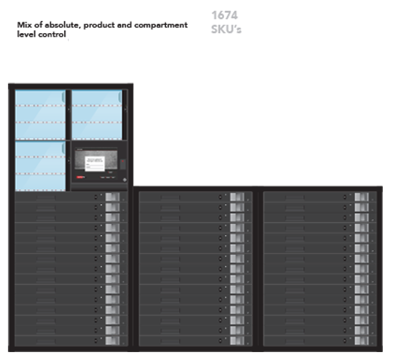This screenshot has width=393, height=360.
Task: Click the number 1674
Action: click(224, 15)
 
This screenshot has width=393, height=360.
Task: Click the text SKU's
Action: click(226, 29)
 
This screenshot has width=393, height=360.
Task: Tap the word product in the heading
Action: click(99, 25)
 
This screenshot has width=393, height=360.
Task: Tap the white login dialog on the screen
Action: click(95, 164)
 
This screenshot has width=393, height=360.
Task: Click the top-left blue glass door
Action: click(40, 114)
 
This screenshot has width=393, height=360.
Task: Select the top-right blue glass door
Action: click(97, 114)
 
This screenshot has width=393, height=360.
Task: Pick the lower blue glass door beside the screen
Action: click(40, 166)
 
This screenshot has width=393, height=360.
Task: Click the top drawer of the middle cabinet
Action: click(195, 197)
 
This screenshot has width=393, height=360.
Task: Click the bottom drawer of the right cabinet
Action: click(320, 341)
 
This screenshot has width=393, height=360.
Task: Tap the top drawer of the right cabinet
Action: click(320, 197)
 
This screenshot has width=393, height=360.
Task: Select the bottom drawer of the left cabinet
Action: click(71, 341)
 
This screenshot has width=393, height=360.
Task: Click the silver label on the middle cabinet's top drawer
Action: click(237, 197)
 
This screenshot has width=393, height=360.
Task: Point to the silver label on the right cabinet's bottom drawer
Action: click(361, 341)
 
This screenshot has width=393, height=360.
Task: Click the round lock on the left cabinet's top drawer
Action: click(96, 198)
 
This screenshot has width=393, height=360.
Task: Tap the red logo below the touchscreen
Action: click(80, 177)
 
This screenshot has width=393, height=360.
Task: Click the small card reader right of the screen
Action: click(123, 164)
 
